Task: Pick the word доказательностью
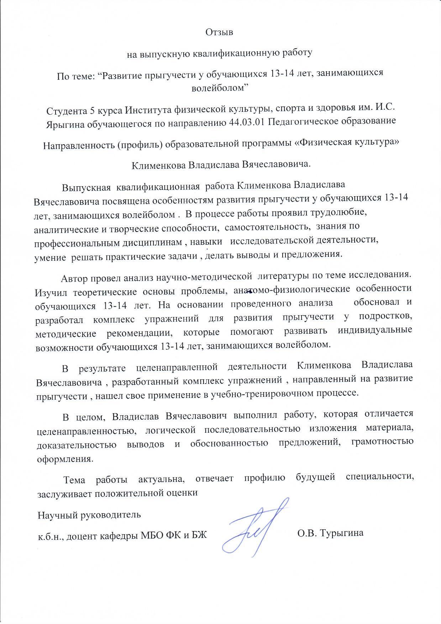point(77,445)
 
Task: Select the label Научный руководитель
point(89,515)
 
